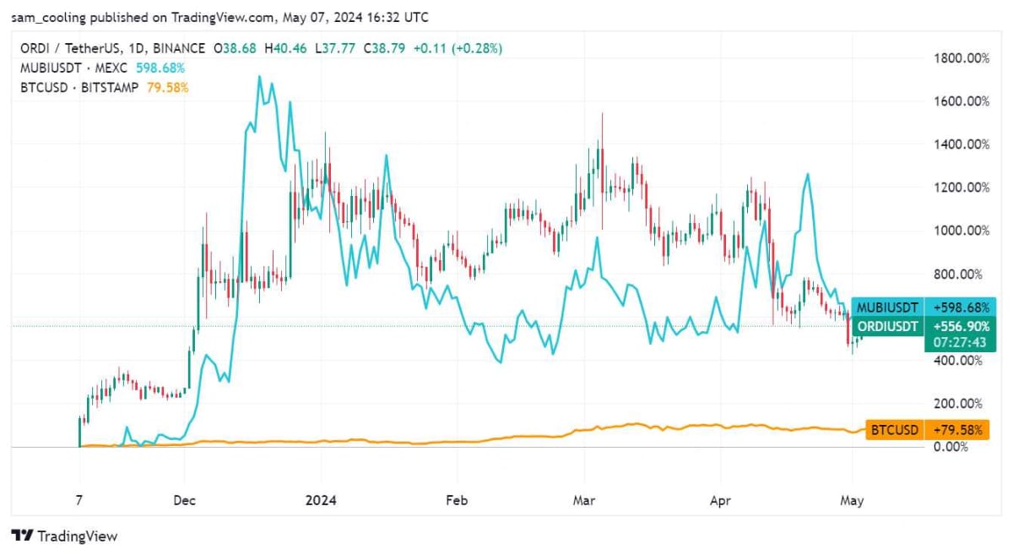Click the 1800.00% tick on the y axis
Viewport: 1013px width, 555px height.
(x=959, y=58)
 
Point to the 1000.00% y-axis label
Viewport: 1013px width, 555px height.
(x=959, y=231)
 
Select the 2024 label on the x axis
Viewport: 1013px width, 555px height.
(x=320, y=500)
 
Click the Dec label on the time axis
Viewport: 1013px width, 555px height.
(x=184, y=500)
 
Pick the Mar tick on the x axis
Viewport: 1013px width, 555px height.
(x=583, y=500)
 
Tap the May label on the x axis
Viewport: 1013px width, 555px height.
(x=852, y=500)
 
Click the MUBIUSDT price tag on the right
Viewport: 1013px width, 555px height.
(x=888, y=307)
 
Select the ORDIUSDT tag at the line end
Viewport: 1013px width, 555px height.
(x=888, y=326)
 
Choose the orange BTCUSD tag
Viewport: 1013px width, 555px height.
(x=895, y=430)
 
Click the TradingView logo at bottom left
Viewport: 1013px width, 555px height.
(x=64, y=536)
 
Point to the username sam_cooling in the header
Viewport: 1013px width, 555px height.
(x=50, y=17)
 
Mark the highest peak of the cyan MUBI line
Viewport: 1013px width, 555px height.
(x=259, y=77)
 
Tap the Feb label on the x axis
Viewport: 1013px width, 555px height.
(x=456, y=500)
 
